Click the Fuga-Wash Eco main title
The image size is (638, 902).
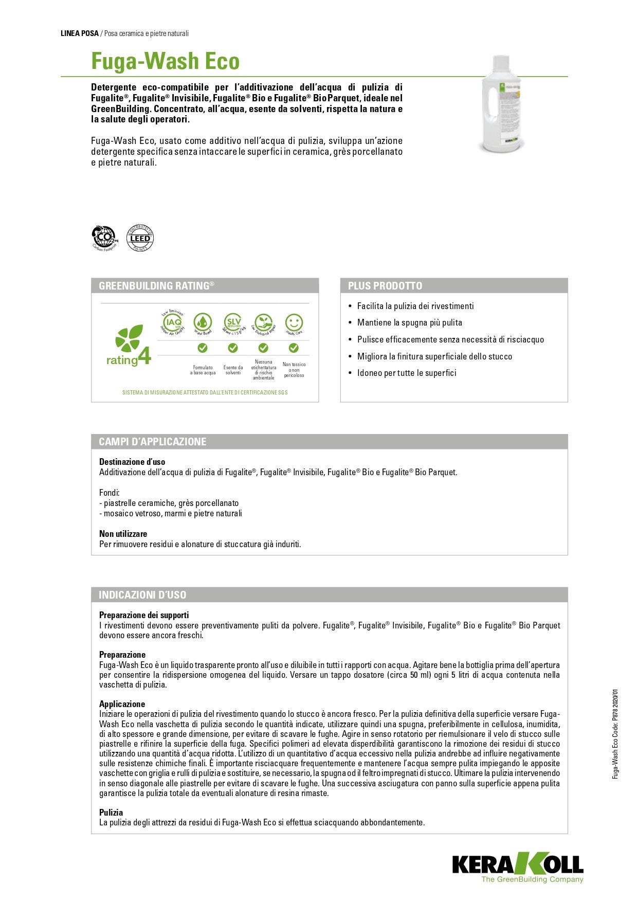(165, 61)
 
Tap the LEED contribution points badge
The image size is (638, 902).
(140, 238)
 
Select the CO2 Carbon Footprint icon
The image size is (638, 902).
(104, 238)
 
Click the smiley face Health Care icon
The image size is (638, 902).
(294, 323)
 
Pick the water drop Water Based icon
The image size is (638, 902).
(203, 323)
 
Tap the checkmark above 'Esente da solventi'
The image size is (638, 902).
(233, 348)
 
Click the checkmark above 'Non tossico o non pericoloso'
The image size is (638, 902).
(294, 348)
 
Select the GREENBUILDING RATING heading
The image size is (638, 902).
(156, 286)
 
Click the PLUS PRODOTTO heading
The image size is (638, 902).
(385, 286)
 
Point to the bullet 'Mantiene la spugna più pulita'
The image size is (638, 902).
(409, 322)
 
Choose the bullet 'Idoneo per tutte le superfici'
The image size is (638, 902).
(407, 373)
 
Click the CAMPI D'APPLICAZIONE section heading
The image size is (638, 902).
(153, 442)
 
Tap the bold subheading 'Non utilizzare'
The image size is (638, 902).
(123, 534)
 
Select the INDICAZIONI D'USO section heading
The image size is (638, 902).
(142, 595)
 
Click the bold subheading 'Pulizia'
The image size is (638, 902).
(111, 813)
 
